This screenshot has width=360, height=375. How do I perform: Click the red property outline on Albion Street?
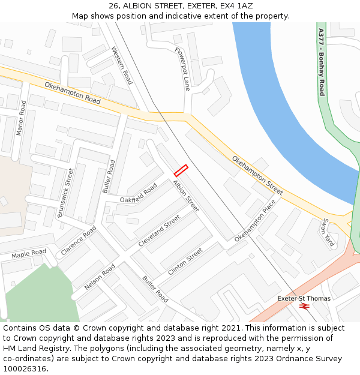181,170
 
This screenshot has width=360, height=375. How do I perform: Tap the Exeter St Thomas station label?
304,298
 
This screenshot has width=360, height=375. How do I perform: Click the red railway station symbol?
304,306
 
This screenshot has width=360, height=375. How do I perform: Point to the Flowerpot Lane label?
182,69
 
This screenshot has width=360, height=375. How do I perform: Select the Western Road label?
122,65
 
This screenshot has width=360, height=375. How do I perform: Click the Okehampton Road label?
72,93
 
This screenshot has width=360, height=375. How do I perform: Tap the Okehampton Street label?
257,175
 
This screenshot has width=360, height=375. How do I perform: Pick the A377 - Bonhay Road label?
322,62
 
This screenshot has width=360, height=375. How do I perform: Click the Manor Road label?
22,118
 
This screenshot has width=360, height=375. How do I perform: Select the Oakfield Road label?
138,193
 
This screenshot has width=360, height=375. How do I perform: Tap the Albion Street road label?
185,196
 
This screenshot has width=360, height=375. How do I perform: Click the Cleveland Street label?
159,231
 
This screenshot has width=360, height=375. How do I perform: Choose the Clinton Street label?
185,262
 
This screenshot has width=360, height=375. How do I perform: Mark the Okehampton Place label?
255,220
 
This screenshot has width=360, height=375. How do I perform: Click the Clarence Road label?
78,241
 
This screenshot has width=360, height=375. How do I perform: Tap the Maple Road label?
29,254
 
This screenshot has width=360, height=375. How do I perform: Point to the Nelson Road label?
100,277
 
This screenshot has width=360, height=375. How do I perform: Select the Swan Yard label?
327,233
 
